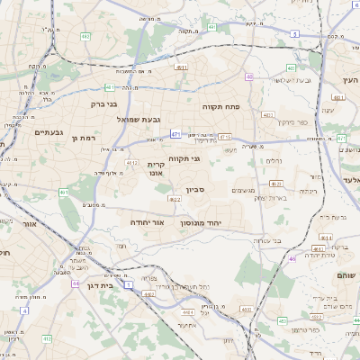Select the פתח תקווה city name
point(220,107)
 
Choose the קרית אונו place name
point(157,170)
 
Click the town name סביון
point(196,190)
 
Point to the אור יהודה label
point(148,220)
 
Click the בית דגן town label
point(101,284)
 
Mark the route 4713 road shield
point(225,137)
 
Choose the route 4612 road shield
point(131,163)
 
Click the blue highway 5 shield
point(294,34)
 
